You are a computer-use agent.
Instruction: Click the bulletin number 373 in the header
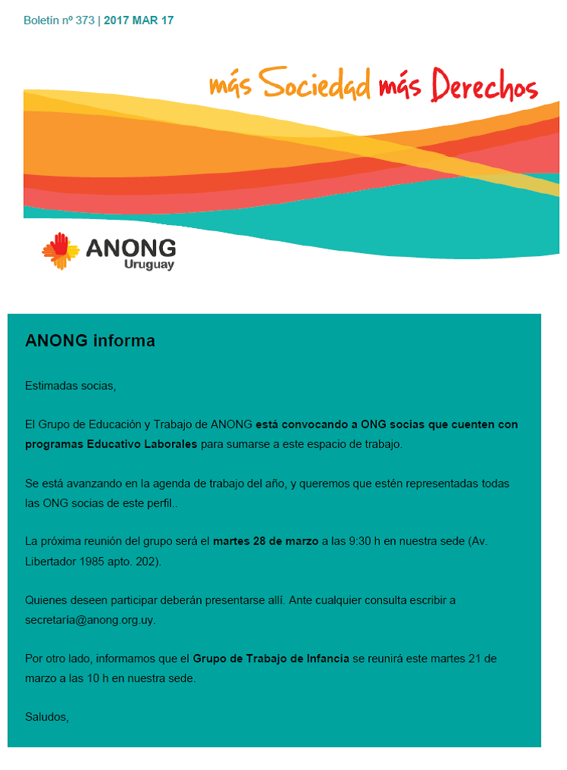(85, 20)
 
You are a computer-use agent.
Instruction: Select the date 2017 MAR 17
(139, 20)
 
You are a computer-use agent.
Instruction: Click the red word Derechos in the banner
(484, 86)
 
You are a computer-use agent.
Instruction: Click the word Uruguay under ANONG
(149, 265)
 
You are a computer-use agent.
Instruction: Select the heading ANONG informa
(90, 341)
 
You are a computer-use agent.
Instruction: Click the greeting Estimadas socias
(70, 386)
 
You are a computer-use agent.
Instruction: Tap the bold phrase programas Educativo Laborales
(111, 444)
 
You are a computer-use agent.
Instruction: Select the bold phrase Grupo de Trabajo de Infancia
(271, 659)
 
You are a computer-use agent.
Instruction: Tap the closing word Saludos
(46, 716)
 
